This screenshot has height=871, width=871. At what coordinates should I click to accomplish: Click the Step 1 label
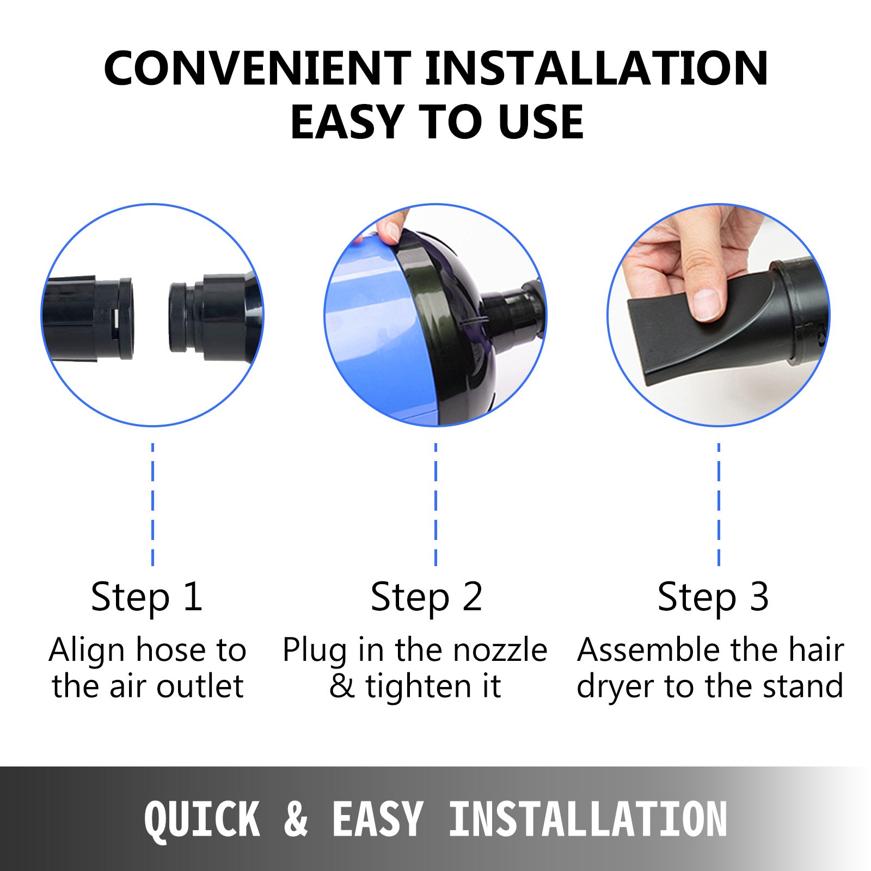point(147,598)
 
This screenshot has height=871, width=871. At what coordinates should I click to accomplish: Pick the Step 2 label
point(427,598)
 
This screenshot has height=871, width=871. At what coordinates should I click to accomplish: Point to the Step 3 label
point(713,598)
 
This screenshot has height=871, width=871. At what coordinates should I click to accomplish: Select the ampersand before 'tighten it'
point(342,686)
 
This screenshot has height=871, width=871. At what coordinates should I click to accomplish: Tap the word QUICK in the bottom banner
point(202,819)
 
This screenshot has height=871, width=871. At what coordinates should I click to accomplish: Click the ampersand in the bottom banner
point(296,819)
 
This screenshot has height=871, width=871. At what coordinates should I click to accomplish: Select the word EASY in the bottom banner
point(378,819)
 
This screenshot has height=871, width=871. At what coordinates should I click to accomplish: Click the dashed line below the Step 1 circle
point(152,505)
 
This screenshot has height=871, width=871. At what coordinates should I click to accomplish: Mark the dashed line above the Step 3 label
point(719,505)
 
